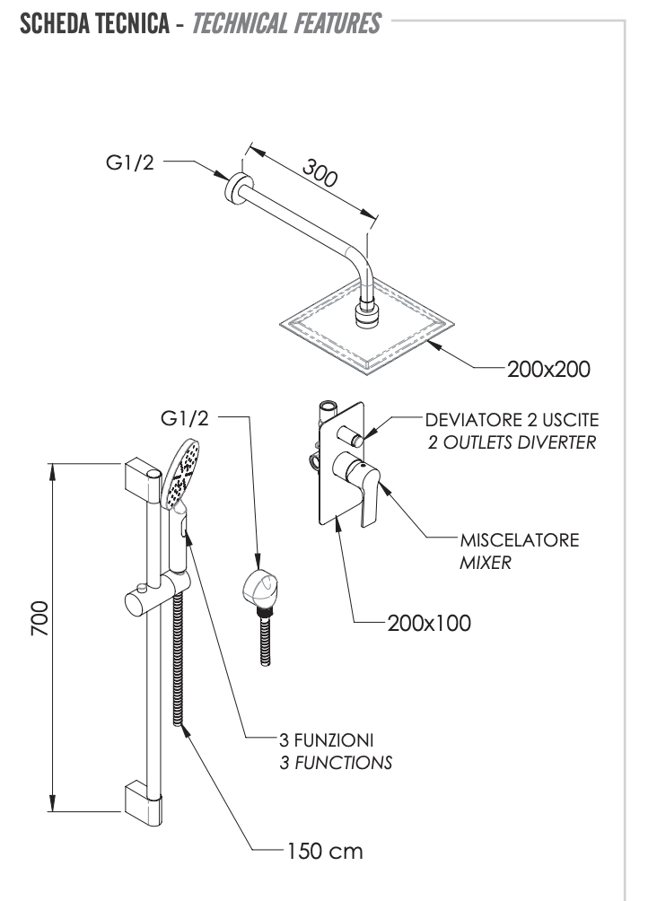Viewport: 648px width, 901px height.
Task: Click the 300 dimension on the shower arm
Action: point(319,172)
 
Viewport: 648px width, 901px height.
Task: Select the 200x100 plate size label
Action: point(428,622)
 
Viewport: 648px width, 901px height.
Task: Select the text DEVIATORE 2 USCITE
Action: point(512,420)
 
